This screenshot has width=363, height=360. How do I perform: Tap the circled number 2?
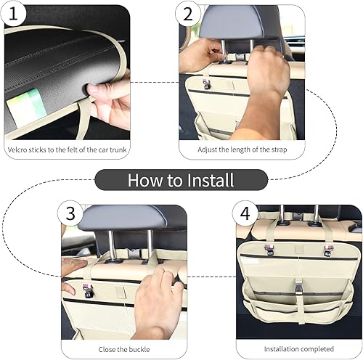[188, 14]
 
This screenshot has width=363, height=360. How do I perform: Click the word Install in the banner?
[206, 179]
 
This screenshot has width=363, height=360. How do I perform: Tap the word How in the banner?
[144, 179]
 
